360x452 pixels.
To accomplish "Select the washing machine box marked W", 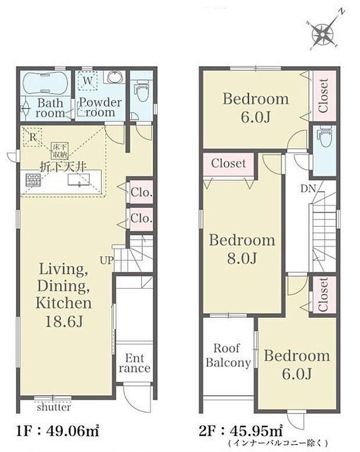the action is [x=88, y=80].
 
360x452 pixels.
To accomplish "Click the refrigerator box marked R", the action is [x=33, y=137].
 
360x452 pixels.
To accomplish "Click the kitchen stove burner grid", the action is [x=32, y=181].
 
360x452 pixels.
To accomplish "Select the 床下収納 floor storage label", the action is [x=60, y=150].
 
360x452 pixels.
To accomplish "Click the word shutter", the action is [x=54, y=407].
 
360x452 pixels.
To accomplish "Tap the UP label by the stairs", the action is [x=107, y=261].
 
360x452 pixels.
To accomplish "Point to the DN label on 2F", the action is [x=308, y=189].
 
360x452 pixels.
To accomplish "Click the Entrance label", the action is [x=135, y=363].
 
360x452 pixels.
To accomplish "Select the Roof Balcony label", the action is [x=228, y=356].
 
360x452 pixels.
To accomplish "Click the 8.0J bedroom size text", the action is [x=242, y=258].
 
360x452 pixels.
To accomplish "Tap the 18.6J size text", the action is [x=64, y=321].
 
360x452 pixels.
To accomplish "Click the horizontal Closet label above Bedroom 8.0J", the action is [x=228, y=163].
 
